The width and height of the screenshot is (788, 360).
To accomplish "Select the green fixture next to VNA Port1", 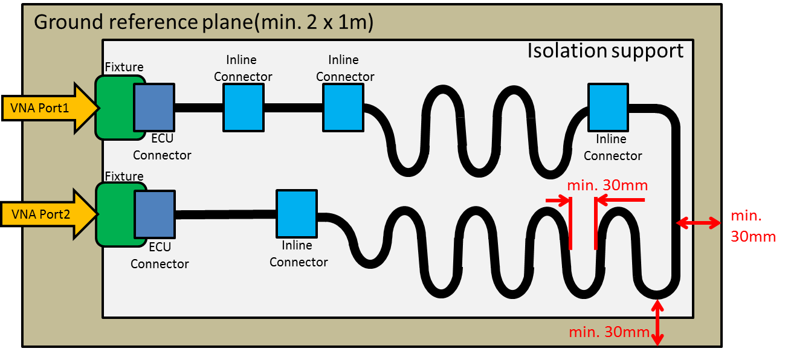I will click(x=115, y=108).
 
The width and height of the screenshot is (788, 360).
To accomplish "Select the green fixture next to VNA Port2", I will click(x=115, y=214).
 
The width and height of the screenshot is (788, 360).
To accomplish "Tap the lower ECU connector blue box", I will click(x=155, y=214).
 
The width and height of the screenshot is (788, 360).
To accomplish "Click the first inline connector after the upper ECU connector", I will click(x=243, y=108).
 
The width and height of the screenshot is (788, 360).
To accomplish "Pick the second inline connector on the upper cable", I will click(x=343, y=108).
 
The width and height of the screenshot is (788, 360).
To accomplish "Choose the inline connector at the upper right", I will click(x=608, y=108).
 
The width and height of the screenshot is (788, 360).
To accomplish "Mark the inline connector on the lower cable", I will click(x=297, y=213).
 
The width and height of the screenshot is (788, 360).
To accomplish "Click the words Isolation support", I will click(x=605, y=51).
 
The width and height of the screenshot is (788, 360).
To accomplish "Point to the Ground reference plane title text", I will click(x=203, y=22).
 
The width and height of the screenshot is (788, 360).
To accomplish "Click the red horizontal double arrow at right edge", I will click(x=698, y=223).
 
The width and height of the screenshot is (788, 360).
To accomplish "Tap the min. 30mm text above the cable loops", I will click(x=607, y=185).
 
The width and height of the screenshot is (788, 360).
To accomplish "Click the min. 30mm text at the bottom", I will click(x=609, y=332).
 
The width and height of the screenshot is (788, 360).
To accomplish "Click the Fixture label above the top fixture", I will click(x=124, y=67).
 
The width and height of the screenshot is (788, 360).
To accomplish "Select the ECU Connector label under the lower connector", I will click(x=160, y=256).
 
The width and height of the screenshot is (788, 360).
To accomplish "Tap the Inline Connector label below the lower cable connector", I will click(x=299, y=254).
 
